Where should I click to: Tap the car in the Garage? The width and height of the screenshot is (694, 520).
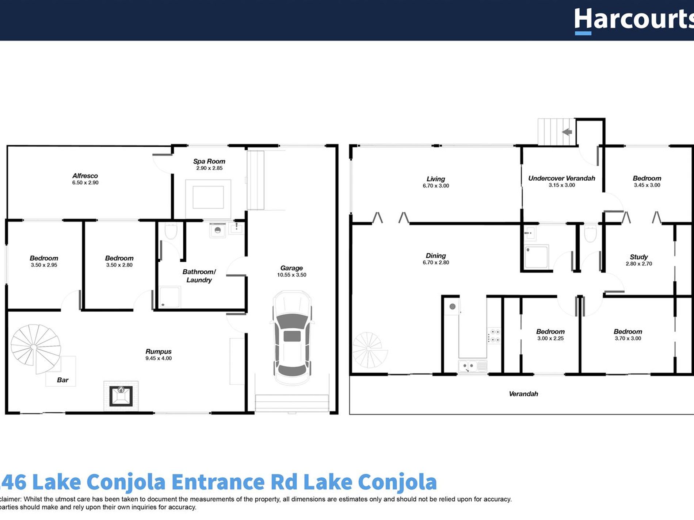(x=292, y=338)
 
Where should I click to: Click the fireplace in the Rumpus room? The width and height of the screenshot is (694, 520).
(x=121, y=396)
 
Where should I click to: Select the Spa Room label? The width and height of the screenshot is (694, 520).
(x=209, y=161)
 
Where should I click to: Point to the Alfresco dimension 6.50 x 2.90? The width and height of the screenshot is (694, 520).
(x=85, y=182)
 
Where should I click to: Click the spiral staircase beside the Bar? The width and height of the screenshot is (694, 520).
(x=35, y=347)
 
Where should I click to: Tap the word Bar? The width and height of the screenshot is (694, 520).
(x=62, y=380)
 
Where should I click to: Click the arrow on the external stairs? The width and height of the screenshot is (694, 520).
(x=567, y=132)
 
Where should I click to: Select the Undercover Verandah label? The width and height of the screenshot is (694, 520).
(x=561, y=178)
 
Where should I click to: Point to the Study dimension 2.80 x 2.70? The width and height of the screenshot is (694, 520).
(x=638, y=263)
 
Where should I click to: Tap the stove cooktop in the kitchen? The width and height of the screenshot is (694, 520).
(x=495, y=336)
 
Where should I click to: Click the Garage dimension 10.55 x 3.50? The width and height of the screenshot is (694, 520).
(x=291, y=275)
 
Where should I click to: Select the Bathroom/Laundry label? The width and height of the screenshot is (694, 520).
(x=199, y=276)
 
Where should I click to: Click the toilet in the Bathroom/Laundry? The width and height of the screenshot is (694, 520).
(x=171, y=231)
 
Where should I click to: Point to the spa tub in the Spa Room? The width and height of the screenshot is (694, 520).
(x=208, y=197)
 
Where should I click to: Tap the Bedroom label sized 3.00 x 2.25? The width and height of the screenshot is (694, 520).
(x=550, y=332)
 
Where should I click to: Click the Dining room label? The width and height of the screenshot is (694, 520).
(x=435, y=256)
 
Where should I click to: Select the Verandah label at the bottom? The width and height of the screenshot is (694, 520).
(x=523, y=394)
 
